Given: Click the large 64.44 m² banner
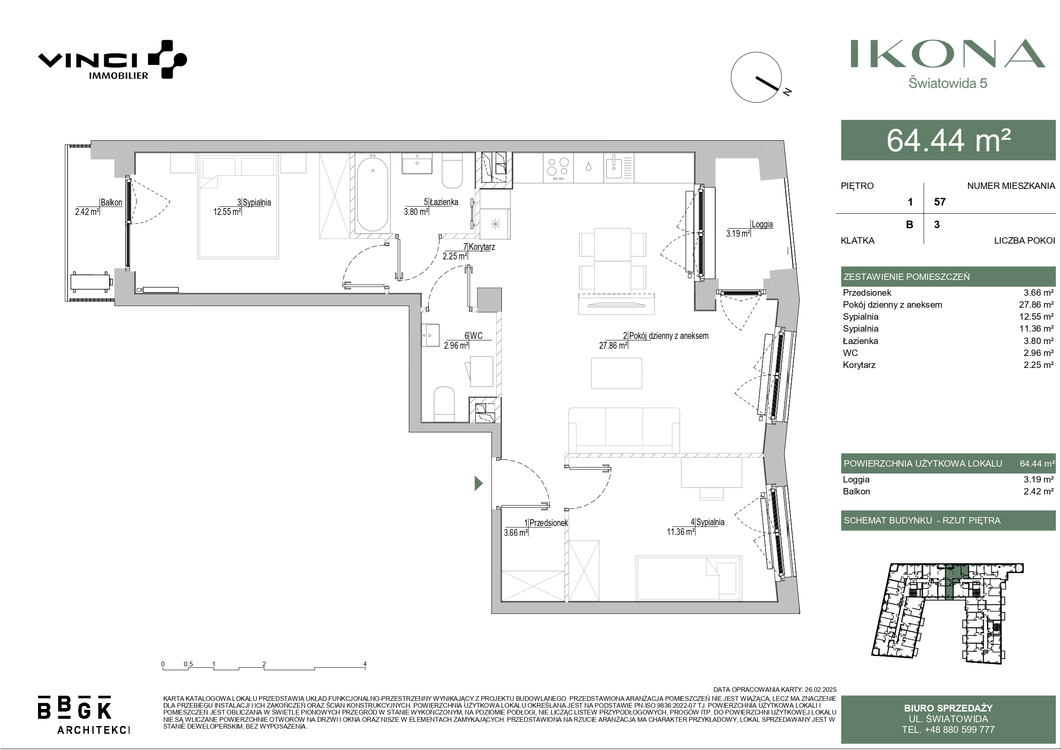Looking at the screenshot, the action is pos(948,140).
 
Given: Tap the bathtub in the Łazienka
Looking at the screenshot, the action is pos(372,194).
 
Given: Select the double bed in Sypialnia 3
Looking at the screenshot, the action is pos(238,206).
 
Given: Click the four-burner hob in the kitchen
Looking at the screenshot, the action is pos(558,168).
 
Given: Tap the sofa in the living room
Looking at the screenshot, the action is pos(624,430).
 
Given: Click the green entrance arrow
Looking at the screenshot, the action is pos(479,483).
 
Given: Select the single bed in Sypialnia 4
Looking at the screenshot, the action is pos(689,577).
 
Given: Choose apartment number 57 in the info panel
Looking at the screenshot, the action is pos(940,202).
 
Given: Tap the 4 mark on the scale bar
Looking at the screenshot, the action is pos(365,664).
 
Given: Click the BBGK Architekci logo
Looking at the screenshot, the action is pos(83,715).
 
